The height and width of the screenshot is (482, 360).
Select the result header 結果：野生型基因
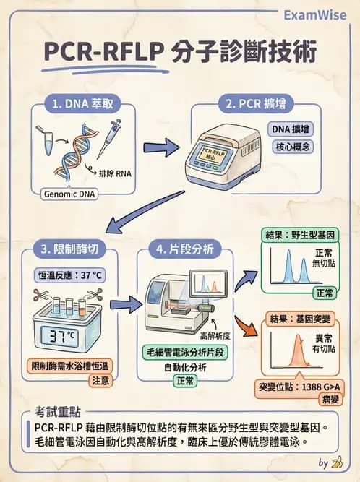click(299, 236)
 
